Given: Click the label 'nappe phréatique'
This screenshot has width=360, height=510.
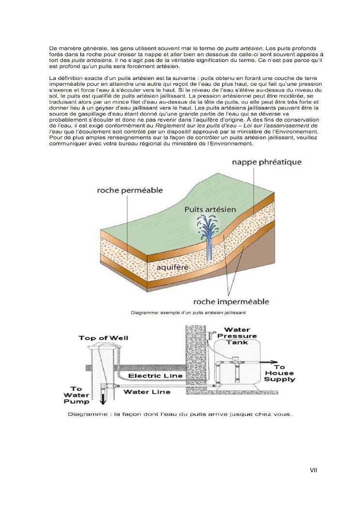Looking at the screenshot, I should coord(266,162).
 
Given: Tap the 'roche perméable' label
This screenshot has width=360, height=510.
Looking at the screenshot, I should coord(130,190).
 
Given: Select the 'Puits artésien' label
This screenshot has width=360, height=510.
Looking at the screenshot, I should coord(210,209).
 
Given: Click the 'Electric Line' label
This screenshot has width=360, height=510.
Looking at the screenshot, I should coord(156,375).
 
